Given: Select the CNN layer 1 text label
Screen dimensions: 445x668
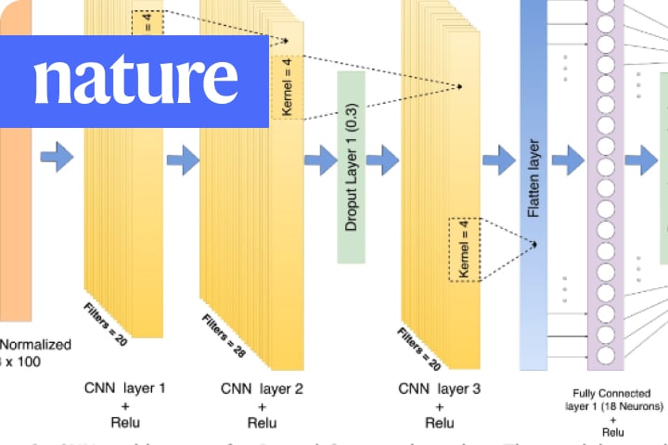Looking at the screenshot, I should click(x=124, y=388).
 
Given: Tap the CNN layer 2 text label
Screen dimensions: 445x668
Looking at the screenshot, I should click(x=263, y=388).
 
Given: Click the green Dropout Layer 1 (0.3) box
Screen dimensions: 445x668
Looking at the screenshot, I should click(x=353, y=165).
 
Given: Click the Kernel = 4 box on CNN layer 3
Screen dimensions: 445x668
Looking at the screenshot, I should click(x=465, y=249).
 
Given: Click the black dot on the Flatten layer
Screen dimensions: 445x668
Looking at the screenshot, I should click(x=535, y=244).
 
